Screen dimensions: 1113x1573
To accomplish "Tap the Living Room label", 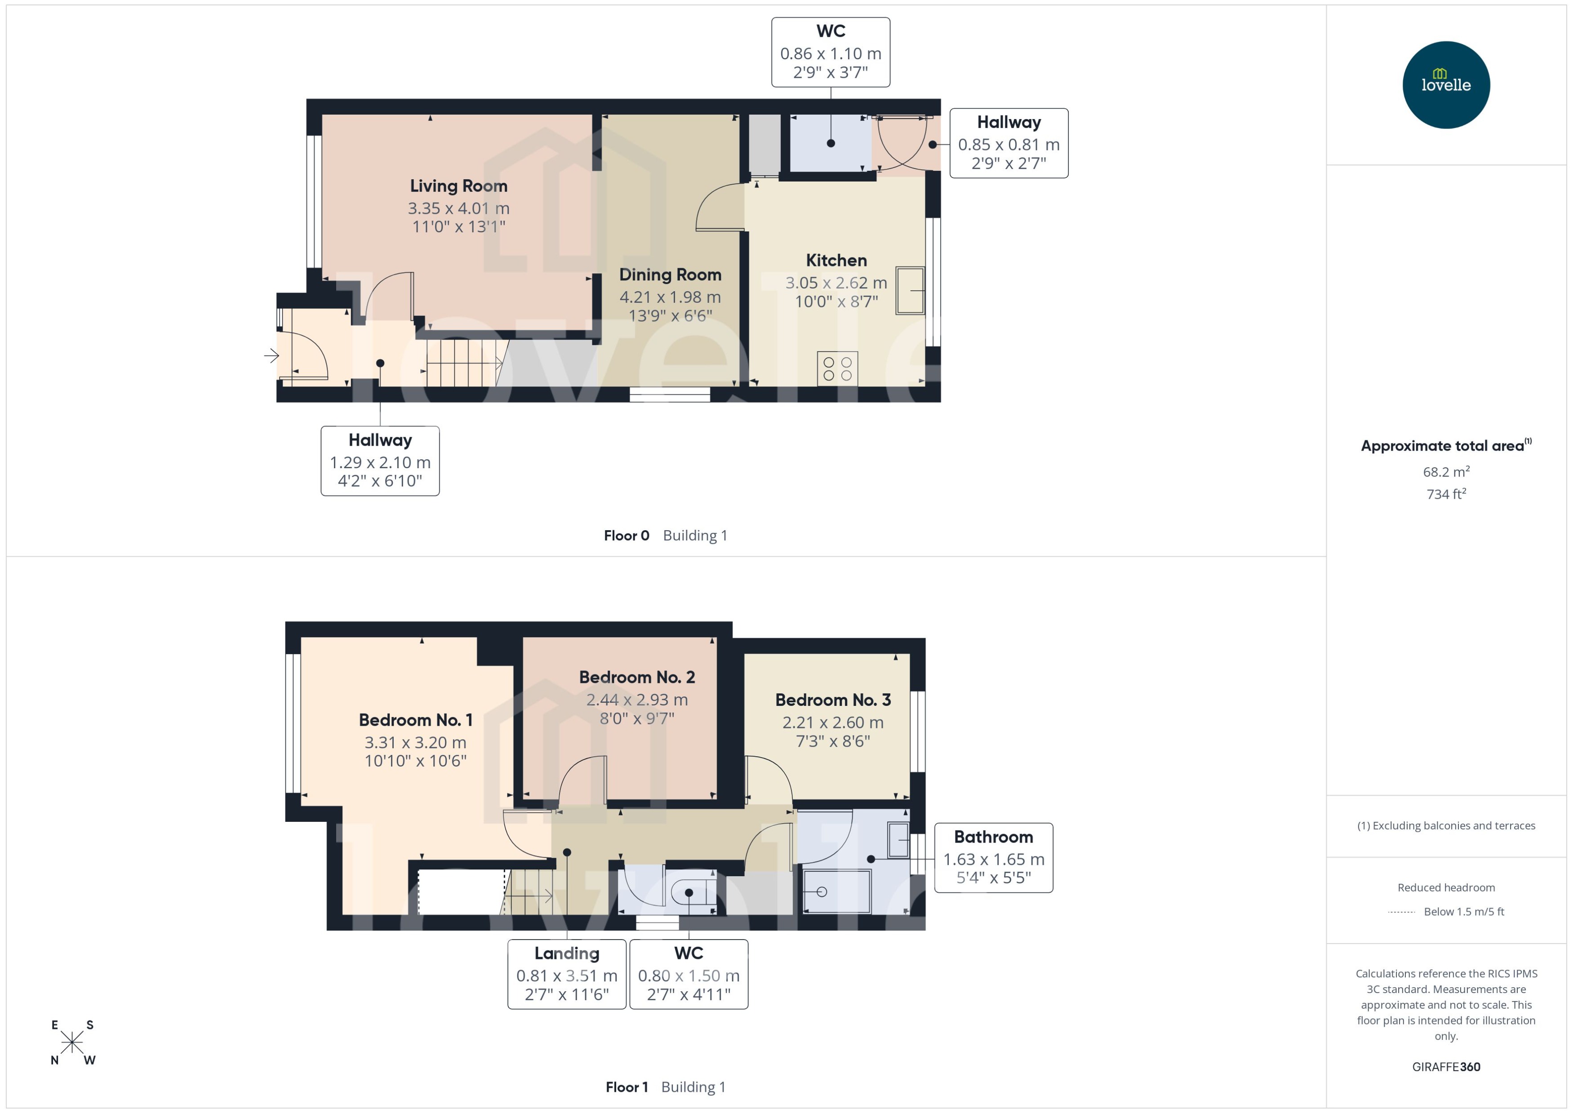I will coord(458,186).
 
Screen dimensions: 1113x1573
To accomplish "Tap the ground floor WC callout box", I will coord(830,52).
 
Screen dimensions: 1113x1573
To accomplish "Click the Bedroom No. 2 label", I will coord(637,677).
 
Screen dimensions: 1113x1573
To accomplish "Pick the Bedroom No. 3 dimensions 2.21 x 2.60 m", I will coord(833,723).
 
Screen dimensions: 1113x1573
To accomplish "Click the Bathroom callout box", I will coord(993,857).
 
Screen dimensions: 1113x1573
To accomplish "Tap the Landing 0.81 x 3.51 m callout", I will coord(566,974).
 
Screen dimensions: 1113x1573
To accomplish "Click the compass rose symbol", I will coord(72,1042).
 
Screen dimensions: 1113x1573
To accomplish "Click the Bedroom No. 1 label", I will coord(415,720).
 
